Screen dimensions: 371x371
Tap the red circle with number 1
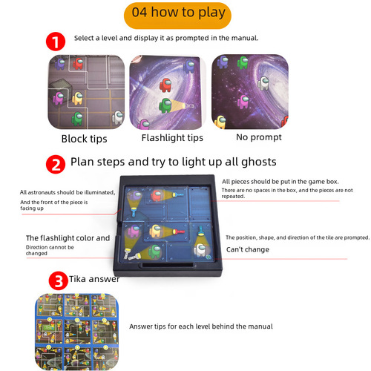tap(56, 40)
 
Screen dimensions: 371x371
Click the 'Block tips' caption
tap(84, 138)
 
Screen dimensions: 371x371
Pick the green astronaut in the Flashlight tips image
tap(145, 122)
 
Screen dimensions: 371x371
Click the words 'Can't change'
tap(247, 249)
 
